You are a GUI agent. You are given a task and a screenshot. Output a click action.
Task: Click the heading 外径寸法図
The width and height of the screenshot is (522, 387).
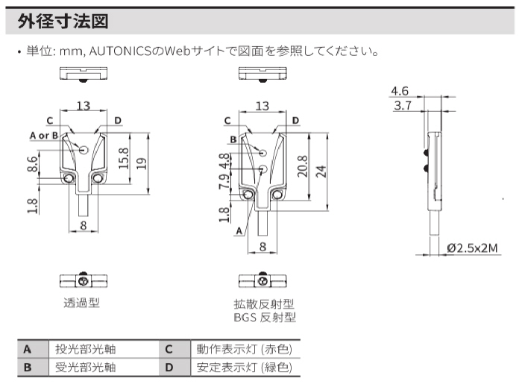click(63, 22)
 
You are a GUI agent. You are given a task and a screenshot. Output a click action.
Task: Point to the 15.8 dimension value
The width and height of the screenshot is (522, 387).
click(123, 157)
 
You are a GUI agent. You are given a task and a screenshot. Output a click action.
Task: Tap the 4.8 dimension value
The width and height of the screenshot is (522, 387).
click(224, 161)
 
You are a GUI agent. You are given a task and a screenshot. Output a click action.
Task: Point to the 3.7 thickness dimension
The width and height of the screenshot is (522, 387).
click(403, 106)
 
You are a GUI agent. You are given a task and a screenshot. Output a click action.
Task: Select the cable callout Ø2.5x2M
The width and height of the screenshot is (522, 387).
click(472, 248)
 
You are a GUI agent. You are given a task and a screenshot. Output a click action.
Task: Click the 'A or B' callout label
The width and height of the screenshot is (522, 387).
click(44, 135)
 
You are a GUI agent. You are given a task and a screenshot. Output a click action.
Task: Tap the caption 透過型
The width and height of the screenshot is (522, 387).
click(82, 302)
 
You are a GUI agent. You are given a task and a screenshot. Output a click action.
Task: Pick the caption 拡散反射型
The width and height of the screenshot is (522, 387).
click(264, 304)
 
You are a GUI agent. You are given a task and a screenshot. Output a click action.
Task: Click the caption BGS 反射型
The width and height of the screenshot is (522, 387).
click(264, 318)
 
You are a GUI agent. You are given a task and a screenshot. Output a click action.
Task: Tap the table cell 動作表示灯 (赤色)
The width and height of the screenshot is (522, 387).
click(243, 349)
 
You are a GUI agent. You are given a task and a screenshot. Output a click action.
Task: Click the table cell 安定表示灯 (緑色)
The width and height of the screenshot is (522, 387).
click(243, 367)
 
